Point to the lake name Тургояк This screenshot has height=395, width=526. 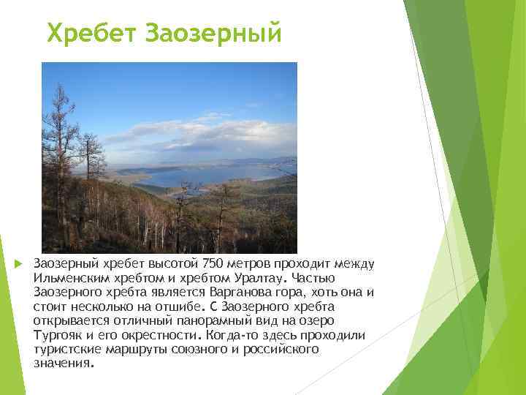[55, 334]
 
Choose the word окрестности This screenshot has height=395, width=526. [164, 334]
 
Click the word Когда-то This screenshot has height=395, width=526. [231, 334]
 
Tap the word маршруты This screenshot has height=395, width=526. [137, 348]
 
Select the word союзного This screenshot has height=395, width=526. [197, 348]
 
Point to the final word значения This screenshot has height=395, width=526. [63, 362]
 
